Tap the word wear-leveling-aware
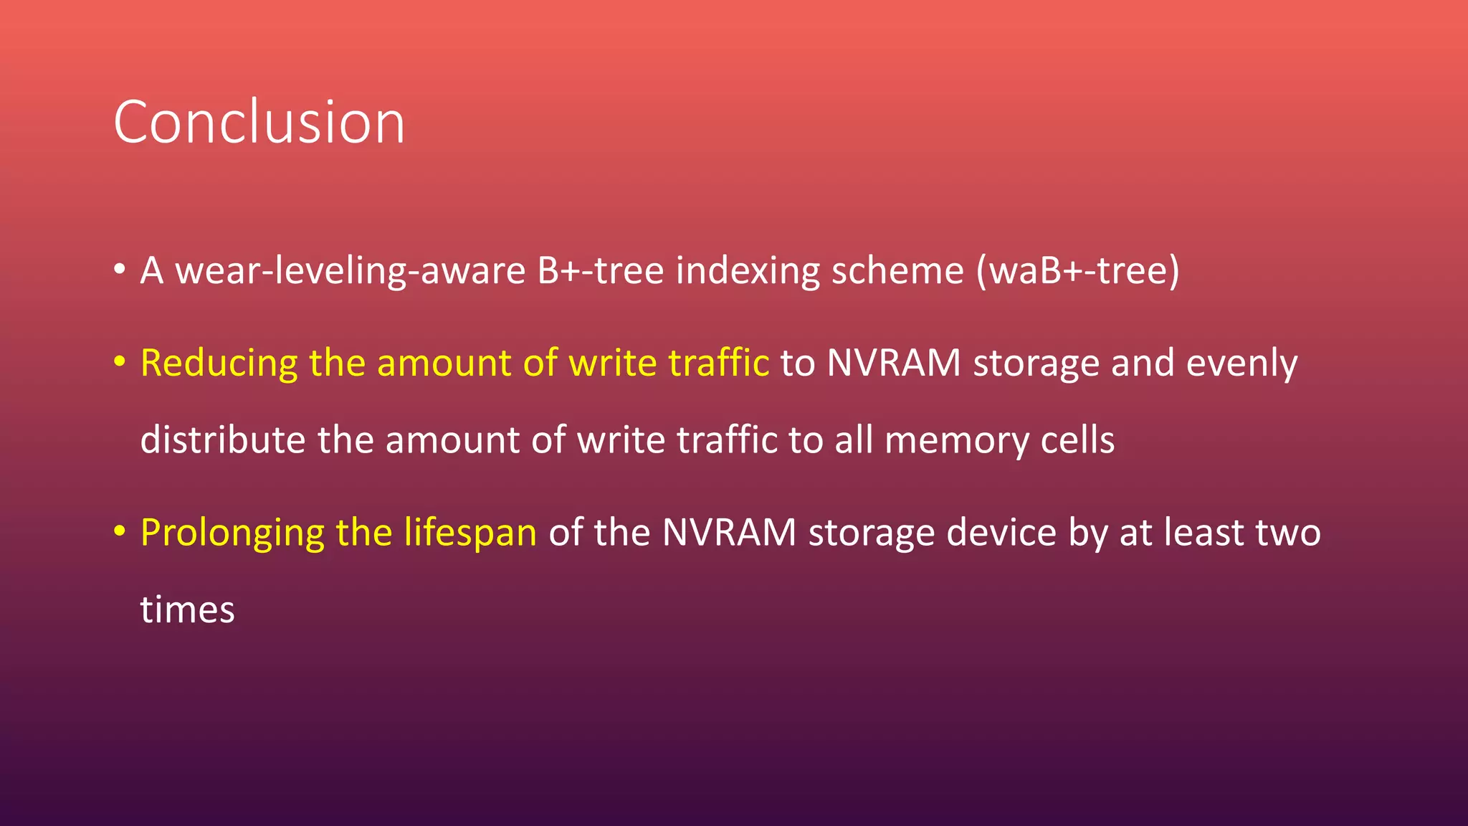click(x=351, y=271)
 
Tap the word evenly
click(x=1241, y=364)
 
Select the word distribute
click(x=222, y=440)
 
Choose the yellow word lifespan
click(x=470, y=533)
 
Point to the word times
click(x=187, y=609)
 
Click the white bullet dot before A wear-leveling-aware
click(x=120, y=270)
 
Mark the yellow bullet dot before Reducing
click(x=120, y=362)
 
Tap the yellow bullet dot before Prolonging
click(x=120, y=532)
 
